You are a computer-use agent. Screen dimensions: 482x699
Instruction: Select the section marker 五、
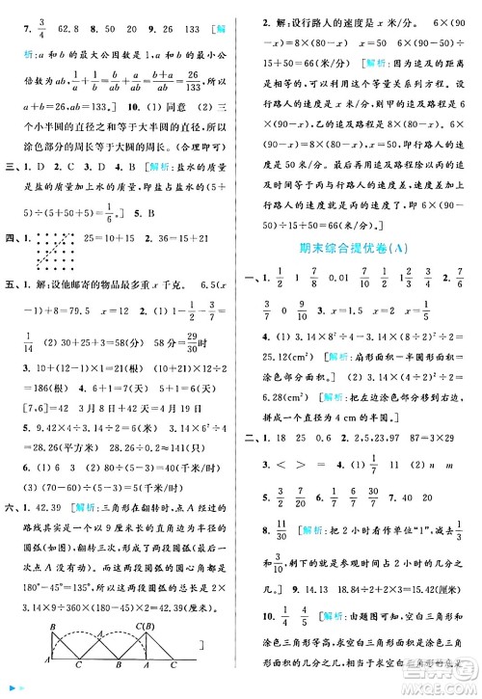(15, 284)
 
